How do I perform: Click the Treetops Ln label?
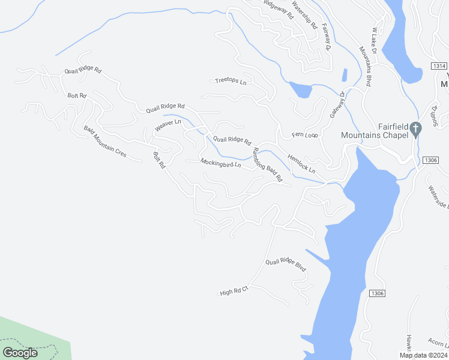pos(231,81)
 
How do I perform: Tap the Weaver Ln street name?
pos(167,126)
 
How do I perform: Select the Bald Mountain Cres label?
pos(105,142)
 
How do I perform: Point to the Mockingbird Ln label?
pos(220,163)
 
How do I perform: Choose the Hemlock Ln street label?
pos(301,166)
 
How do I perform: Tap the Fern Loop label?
pos(304,135)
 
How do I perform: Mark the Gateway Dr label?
pos(336,104)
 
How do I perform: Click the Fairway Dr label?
pos(326,36)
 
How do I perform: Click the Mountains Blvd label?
pos(364,67)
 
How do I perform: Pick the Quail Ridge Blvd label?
pos(286,265)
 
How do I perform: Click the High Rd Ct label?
pos(234,291)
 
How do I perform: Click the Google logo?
pos(20,352)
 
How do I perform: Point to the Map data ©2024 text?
pos(423,355)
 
